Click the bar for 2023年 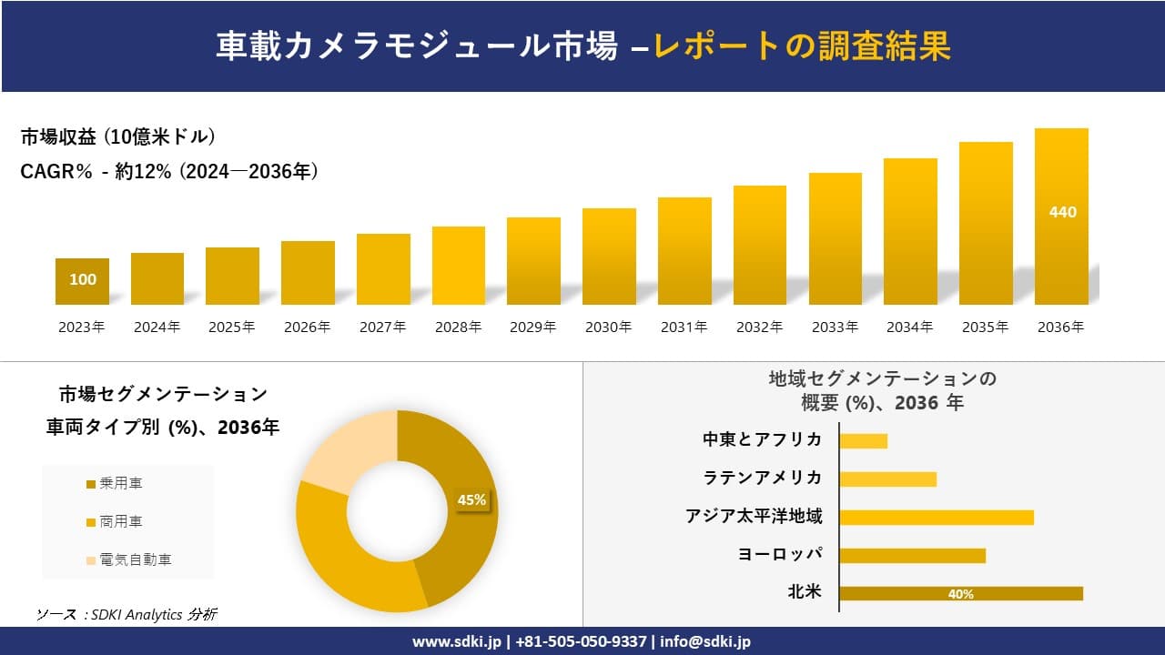82,282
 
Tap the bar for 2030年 609,257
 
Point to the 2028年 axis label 458,327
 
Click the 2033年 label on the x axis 835,327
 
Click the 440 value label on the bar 1062,212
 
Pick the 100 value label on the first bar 83,279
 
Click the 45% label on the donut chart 471,499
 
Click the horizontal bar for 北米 960,593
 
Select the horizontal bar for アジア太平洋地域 936,517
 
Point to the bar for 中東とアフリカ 863,440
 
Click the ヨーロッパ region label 780,554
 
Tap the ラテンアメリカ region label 762,478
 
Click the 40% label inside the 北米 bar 960,594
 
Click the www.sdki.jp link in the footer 459,641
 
